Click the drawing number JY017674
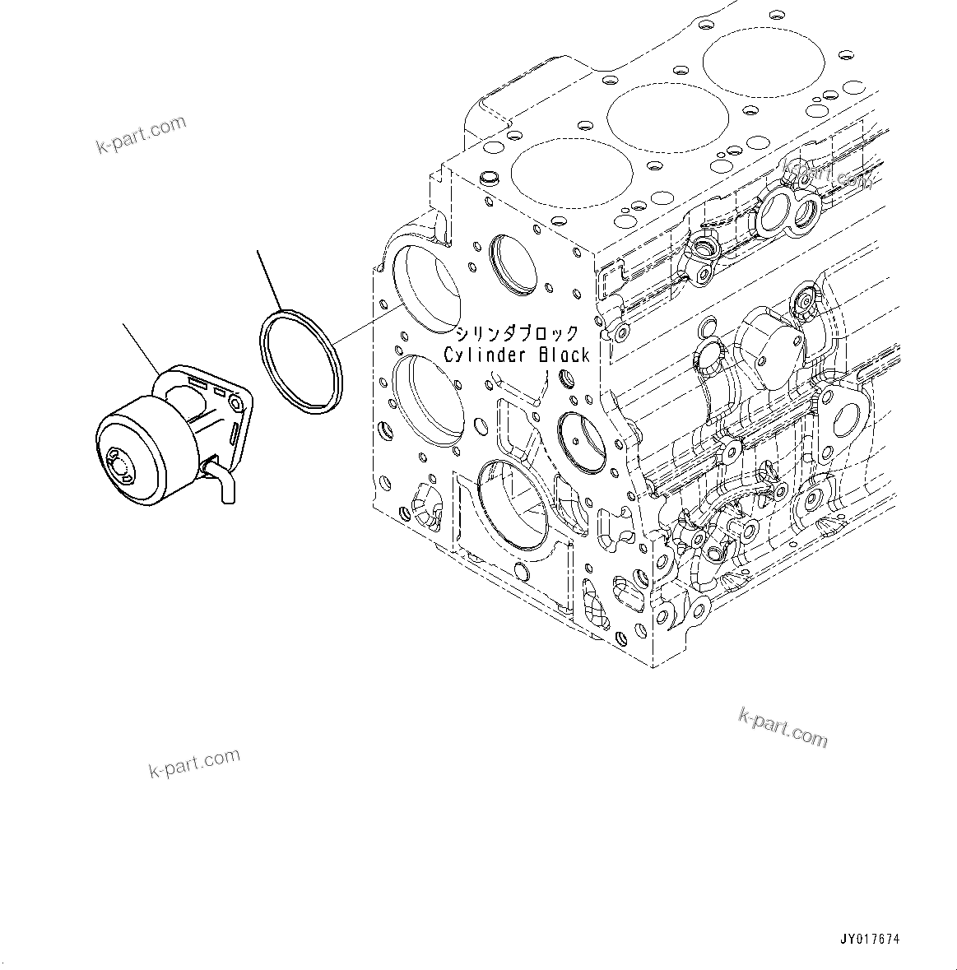click(x=870, y=939)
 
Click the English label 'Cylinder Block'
click(x=517, y=355)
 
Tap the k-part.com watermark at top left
click(x=141, y=135)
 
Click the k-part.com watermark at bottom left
click(x=194, y=763)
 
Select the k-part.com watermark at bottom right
click(x=783, y=726)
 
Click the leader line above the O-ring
click(x=270, y=280)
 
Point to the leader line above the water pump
click(x=141, y=349)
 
